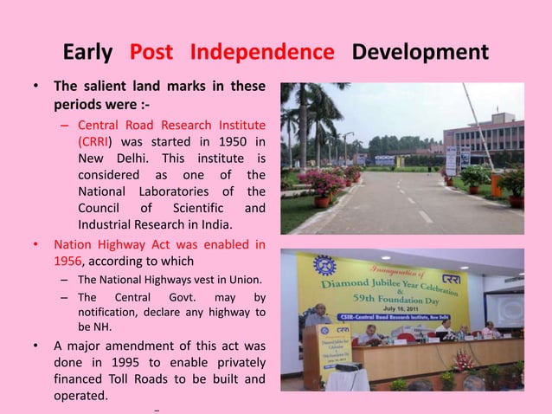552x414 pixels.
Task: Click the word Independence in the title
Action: [261, 54]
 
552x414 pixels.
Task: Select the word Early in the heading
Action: [87, 54]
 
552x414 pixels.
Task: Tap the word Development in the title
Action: [420, 54]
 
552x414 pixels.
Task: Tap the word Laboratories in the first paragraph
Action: [169, 191]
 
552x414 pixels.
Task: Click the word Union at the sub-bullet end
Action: [244, 279]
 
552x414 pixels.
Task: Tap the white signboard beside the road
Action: [451, 160]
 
